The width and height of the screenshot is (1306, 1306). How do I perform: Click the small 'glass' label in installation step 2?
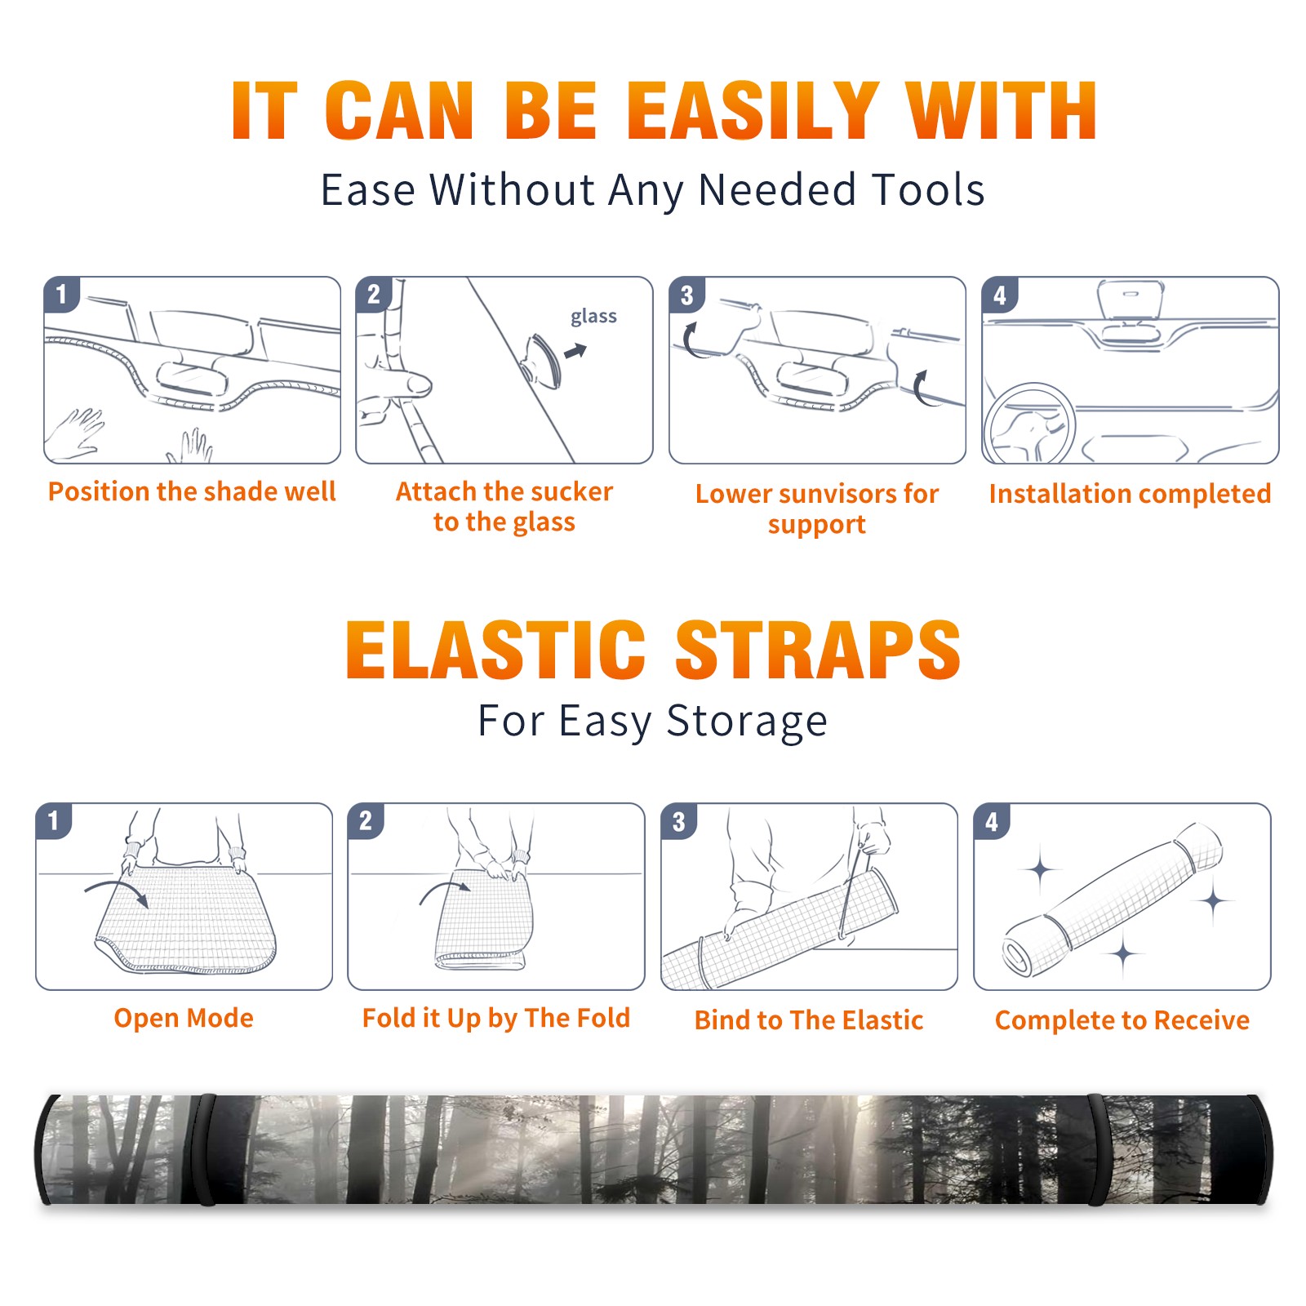click(593, 317)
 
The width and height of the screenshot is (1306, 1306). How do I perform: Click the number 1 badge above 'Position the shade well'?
click(61, 293)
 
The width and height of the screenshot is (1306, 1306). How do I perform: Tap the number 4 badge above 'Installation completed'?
click(1000, 295)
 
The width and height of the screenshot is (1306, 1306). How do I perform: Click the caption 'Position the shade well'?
click(192, 491)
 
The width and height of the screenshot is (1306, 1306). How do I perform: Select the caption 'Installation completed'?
click(1130, 493)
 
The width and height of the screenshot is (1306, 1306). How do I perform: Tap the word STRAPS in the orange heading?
click(818, 650)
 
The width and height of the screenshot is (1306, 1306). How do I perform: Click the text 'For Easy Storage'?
click(652, 721)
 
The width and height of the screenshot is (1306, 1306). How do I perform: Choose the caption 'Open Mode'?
click(184, 1018)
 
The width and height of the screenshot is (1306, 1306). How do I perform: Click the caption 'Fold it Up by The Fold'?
click(496, 1018)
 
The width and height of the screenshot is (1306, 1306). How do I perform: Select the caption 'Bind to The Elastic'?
click(809, 1020)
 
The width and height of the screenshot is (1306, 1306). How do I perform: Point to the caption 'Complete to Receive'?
click(1122, 1020)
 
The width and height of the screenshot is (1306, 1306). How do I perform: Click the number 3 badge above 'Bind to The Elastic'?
click(678, 821)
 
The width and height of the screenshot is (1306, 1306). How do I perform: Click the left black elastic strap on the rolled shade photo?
click(206, 1149)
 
